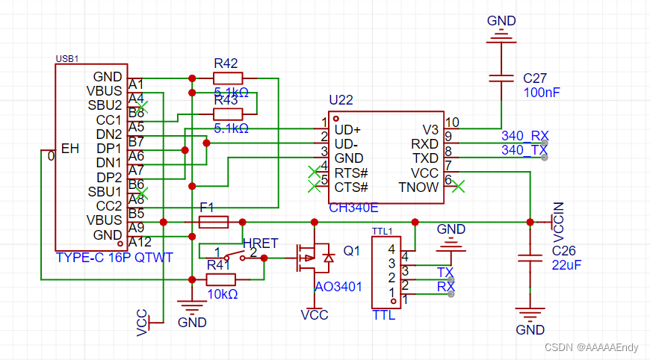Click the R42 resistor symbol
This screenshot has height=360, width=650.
(x=228, y=78)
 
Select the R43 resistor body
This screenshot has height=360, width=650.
(x=228, y=114)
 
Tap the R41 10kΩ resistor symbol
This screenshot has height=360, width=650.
(x=220, y=279)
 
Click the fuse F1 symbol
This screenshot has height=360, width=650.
(x=214, y=222)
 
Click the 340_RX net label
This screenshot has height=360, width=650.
(x=524, y=135)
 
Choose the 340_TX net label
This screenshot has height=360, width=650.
(x=524, y=150)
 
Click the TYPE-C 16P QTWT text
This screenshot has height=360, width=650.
(x=114, y=258)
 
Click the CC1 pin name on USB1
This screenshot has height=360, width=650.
(x=108, y=120)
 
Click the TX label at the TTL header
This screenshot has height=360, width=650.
(x=445, y=271)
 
